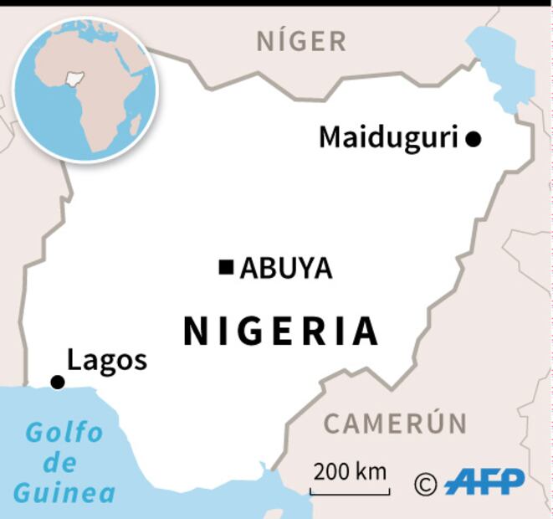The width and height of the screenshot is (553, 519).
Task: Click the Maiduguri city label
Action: [389, 137]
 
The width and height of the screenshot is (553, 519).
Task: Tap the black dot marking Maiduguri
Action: [474, 139]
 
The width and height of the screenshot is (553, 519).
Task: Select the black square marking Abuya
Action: [226, 267]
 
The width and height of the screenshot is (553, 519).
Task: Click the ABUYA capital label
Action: [286, 269]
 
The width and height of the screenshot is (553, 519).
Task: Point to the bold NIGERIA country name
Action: [281, 331]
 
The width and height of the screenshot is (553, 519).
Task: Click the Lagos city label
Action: [107, 360]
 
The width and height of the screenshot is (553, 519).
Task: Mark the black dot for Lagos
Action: [58, 382]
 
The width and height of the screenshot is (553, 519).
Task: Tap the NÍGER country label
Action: [301, 40]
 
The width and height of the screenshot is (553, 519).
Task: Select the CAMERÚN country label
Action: [395, 424]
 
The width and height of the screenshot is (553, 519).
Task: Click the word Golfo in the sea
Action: [64, 433]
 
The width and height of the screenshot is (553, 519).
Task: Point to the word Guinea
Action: [64, 492]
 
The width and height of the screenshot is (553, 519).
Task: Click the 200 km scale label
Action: [350, 471]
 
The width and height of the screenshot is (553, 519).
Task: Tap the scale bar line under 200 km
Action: [350, 491]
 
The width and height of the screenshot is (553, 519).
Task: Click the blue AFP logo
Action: [485, 481]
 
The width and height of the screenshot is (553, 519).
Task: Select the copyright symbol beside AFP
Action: [426, 483]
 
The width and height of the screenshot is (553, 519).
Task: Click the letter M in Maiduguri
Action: [331, 137]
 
